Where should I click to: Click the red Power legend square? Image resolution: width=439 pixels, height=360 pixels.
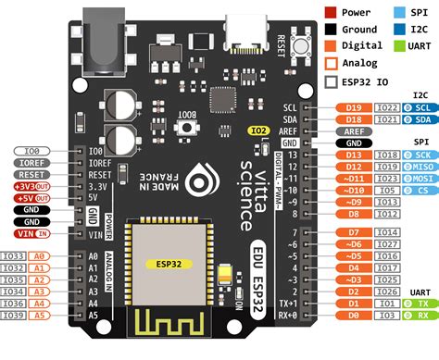(x=331, y=14)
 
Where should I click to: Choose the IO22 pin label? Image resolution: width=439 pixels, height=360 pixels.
(x=387, y=107)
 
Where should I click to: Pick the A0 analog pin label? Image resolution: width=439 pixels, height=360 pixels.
(x=40, y=255)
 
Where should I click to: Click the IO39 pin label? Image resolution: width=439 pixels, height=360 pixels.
(x=14, y=316)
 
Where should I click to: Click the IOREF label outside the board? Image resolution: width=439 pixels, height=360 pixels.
(x=32, y=162)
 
